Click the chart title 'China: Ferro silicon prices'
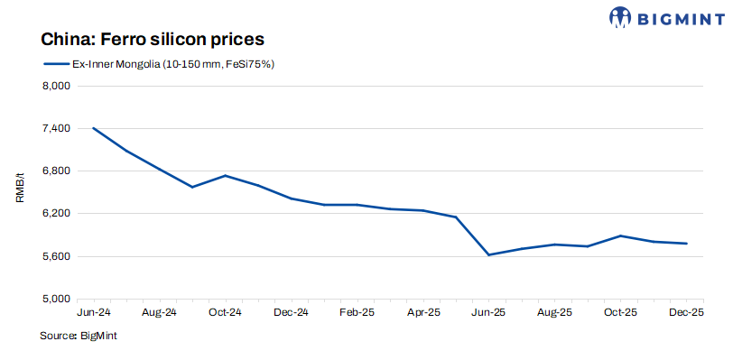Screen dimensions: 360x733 pyautogui.click(x=152, y=40)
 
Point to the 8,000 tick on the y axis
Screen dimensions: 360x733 pyautogui.click(x=57, y=87)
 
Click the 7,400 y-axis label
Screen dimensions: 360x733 pyautogui.click(x=57, y=129)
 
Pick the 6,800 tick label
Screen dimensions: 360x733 pyautogui.click(x=57, y=171)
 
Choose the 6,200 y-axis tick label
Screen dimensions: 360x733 pyautogui.click(x=57, y=214)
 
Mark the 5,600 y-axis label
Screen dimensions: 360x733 pyautogui.click(x=57, y=256)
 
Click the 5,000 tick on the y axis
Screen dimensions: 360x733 pyautogui.click(x=57, y=299)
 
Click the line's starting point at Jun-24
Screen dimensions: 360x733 pyautogui.click(x=94, y=128)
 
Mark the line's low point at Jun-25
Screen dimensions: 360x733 pyautogui.click(x=488, y=255)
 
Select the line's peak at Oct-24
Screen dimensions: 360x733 pyautogui.click(x=225, y=175)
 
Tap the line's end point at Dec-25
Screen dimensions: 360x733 pyautogui.click(x=687, y=244)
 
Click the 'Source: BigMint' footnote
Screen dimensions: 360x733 pyautogui.click(x=79, y=336)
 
